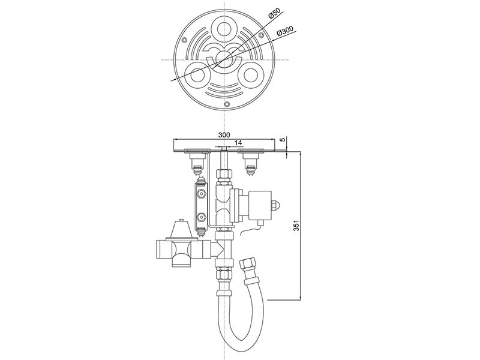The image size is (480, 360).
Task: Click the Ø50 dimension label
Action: coord(275,14)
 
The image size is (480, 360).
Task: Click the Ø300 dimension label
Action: coord(284,31)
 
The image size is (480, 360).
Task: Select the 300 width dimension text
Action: coord(224,134)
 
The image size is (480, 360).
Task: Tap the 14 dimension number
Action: coord(238,143)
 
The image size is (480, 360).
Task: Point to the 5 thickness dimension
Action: coord(283,140)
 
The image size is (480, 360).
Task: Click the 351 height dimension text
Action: coord(296,226)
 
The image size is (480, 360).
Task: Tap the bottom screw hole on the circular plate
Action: coord(227,104)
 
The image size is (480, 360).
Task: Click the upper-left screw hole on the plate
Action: coord(184,40)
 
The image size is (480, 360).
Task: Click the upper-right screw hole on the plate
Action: coord(261,35)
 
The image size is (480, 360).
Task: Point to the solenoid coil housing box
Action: coord(260,205)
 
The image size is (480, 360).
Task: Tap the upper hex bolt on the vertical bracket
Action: coord(201,193)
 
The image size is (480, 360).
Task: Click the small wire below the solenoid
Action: coord(251,230)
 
